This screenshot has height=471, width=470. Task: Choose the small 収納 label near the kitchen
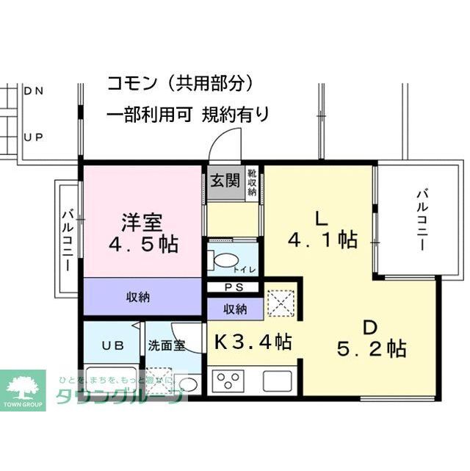[235, 309]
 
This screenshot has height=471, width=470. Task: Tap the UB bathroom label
[112, 345]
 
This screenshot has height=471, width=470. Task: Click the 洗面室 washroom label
[167, 345]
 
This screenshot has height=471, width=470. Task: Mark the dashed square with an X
[280, 301]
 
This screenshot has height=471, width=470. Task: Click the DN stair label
[34, 92]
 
